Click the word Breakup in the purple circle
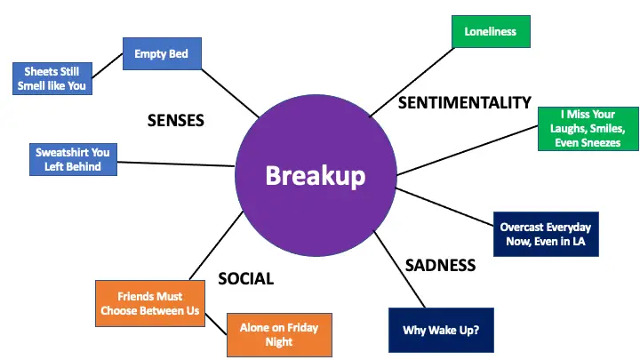(x=315, y=175)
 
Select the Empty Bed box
(x=162, y=53)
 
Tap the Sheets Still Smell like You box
(x=52, y=79)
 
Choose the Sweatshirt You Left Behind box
(x=73, y=160)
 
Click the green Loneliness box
(x=491, y=31)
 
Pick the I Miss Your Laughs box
(x=588, y=129)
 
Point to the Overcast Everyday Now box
(x=546, y=235)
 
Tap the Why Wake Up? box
(x=441, y=330)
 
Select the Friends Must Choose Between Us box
(x=150, y=303)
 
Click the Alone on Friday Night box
(x=280, y=335)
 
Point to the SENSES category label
(x=176, y=120)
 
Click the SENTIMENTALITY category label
(x=465, y=103)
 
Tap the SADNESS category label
(x=440, y=265)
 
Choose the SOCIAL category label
(x=245, y=279)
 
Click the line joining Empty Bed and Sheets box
(x=108, y=65)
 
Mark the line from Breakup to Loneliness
(x=412, y=82)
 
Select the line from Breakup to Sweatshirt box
(x=176, y=164)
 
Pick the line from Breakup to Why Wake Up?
(x=400, y=269)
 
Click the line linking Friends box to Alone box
(x=215, y=324)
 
